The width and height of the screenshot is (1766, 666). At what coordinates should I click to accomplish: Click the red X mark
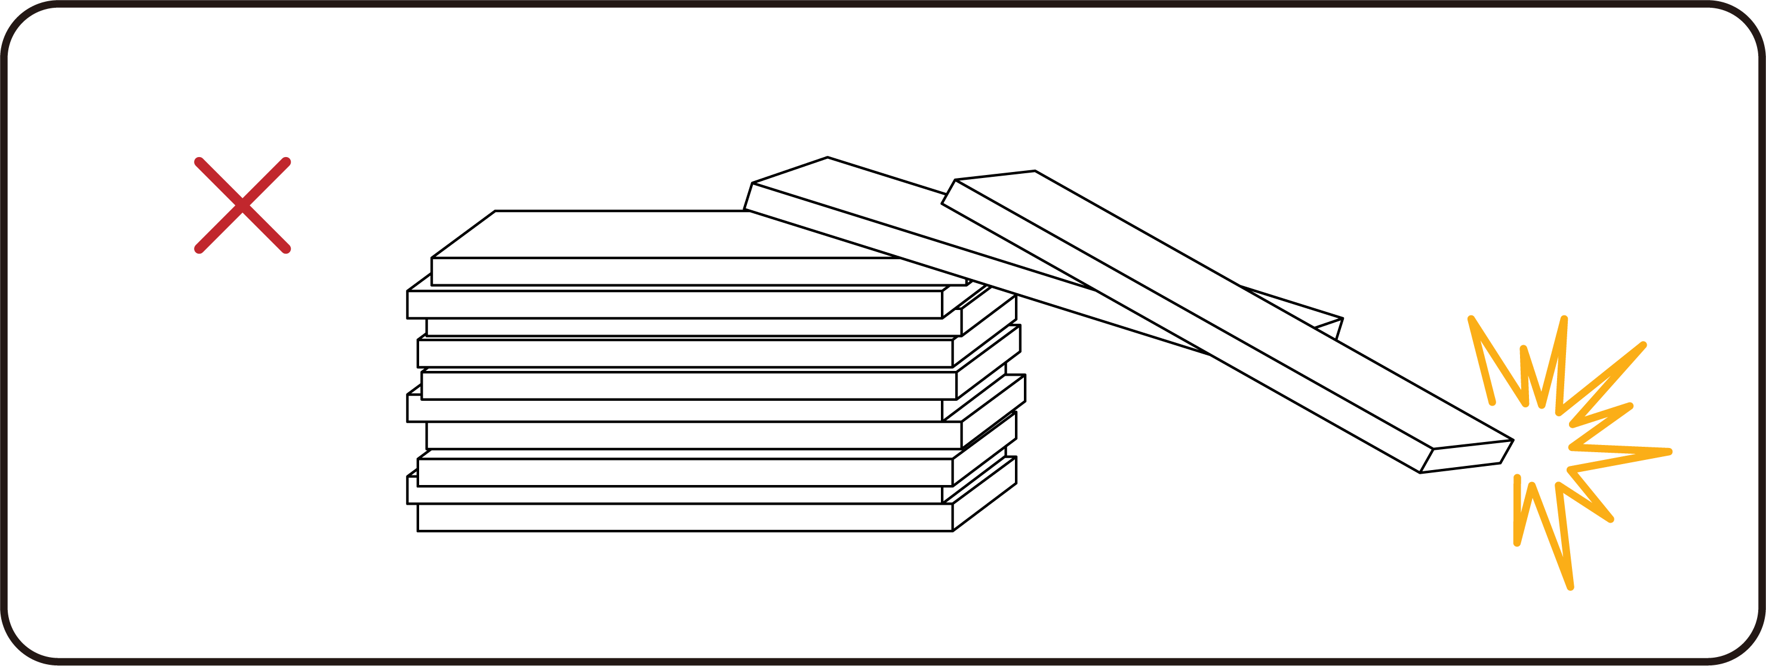pos(242,205)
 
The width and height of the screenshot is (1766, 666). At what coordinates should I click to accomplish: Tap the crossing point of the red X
pos(242,205)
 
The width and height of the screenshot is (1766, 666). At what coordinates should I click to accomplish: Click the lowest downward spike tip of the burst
pos(1570,587)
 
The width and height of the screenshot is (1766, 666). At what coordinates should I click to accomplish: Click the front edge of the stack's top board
pos(685,271)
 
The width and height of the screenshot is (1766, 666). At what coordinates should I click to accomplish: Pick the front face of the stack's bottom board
pos(685,517)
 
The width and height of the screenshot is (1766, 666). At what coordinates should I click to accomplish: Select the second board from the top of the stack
pos(675,304)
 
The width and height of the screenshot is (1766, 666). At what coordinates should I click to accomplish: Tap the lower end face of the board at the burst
pos(1467,456)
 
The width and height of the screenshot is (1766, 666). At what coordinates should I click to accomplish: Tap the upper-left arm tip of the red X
pos(199,162)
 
